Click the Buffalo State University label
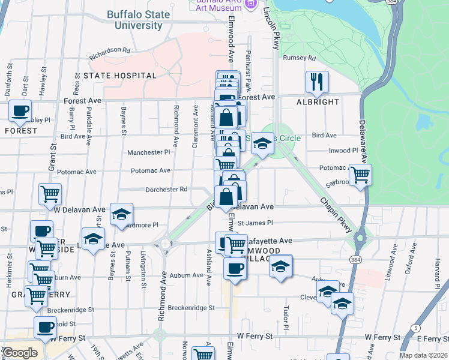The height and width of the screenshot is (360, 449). (x=134, y=20)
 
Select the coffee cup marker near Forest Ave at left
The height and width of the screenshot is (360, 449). (x=20, y=111)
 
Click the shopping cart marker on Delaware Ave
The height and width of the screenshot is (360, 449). (x=360, y=175)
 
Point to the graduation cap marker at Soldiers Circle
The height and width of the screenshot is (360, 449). (x=262, y=143)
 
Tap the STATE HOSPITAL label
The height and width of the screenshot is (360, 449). (x=120, y=76)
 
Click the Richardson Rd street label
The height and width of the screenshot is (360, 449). (x=110, y=53)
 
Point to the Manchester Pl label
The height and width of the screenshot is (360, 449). (x=149, y=152)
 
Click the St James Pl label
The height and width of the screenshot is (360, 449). (x=255, y=223)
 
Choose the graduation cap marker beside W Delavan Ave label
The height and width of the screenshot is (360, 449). (x=121, y=214)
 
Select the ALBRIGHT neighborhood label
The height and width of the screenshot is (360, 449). (x=318, y=102)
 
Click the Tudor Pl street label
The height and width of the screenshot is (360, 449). (x=286, y=312)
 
